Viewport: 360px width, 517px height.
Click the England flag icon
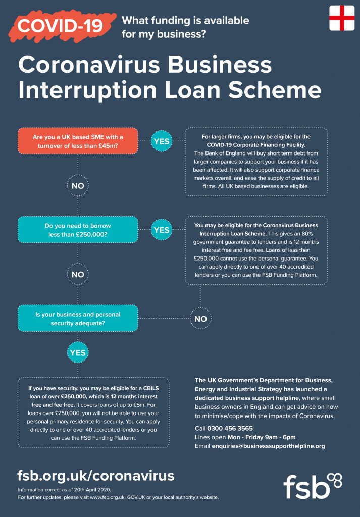(x=341, y=18)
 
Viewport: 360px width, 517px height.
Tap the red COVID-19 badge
(x=61, y=25)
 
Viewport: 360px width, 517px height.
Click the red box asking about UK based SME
(x=78, y=141)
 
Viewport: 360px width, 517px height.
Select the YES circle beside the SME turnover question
(x=162, y=141)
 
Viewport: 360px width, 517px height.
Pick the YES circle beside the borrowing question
(x=162, y=230)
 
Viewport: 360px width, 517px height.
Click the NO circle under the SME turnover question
(x=78, y=186)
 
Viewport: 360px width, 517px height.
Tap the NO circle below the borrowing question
(x=78, y=274)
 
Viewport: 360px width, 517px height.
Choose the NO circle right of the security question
(x=200, y=319)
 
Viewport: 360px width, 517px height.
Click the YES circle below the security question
(x=78, y=352)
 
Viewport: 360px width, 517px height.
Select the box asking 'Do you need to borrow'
(x=78, y=230)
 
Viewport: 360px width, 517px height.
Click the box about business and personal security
(x=78, y=319)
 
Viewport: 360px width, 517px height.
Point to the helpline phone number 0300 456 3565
(x=230, y=428)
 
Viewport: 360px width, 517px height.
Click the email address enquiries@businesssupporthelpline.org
(x=268, y=446)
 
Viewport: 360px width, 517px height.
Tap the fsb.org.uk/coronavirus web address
(x=95, y=476)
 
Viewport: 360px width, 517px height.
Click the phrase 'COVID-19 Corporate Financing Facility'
(x=256, y=145)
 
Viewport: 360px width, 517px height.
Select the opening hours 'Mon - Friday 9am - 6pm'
(x=262, y=437)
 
